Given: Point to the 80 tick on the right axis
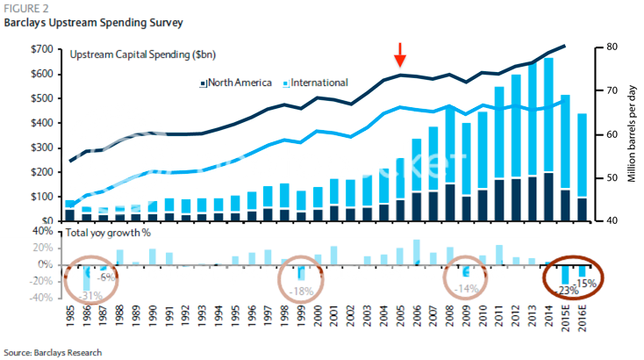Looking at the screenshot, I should (606, 47).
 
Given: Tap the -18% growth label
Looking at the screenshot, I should (303, 291).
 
